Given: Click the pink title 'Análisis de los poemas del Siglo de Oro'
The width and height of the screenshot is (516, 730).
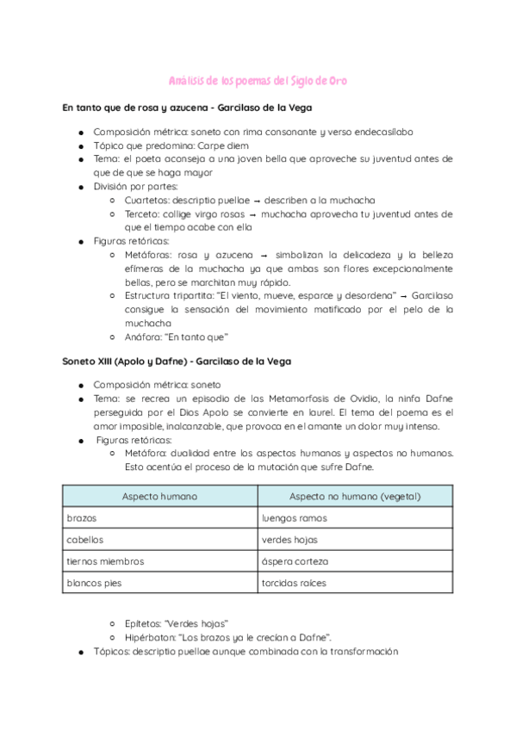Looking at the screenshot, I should [258, 81].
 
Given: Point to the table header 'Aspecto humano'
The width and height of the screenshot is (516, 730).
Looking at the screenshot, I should [159, 497].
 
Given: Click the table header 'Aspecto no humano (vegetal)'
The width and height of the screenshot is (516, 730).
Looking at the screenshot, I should [354, 497].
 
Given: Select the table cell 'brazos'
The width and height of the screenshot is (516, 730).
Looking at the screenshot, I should [81, 518].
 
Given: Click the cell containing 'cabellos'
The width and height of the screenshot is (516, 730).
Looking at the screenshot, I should [84, 540].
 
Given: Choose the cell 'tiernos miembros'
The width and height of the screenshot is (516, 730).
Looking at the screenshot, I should [104, 561].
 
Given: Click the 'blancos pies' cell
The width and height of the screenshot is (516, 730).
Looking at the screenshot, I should [93, 583].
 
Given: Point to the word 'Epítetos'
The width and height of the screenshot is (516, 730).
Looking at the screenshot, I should [143, 623].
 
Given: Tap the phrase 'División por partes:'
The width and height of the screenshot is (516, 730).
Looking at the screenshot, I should [136, 186].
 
